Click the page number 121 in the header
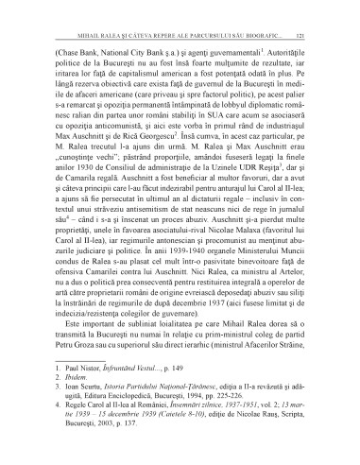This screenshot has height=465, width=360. (324, 11)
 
